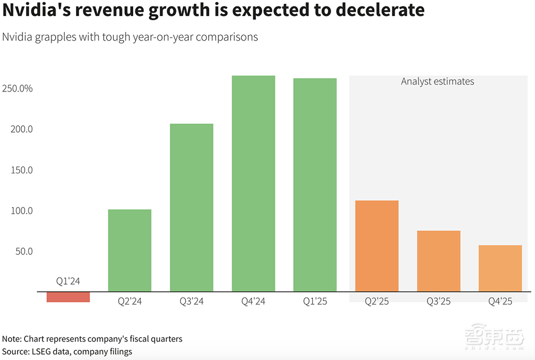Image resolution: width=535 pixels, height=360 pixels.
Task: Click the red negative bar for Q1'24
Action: click(68, 297)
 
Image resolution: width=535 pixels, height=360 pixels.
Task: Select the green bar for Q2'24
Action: click(129, 250)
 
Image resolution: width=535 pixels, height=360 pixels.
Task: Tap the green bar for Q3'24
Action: click(192, 208)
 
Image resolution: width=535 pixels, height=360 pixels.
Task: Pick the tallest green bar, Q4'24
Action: click(254, 183)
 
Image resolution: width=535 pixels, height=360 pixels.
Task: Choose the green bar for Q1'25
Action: click(315, 185)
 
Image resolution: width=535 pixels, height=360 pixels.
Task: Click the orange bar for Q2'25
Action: click(377, 246)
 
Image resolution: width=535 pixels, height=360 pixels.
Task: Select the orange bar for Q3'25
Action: click(439, 261)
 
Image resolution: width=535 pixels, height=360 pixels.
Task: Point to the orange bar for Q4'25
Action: click(500, 269)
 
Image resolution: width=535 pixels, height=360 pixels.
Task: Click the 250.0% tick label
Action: click(18, 89)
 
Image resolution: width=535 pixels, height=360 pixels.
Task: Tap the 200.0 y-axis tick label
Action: click(21, 129)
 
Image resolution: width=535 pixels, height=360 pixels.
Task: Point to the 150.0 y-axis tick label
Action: click(21, 170)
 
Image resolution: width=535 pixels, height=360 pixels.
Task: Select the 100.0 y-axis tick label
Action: click(21, 211)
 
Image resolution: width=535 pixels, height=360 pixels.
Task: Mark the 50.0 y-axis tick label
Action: click(23, 251)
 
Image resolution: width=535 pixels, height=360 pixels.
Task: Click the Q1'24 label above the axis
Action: click(68, 281)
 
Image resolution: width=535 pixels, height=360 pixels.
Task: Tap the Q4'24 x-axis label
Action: click(254, 301)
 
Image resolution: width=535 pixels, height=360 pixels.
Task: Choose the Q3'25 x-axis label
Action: click(439, 301)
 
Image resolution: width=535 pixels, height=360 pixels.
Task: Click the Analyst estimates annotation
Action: click(438, 81)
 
